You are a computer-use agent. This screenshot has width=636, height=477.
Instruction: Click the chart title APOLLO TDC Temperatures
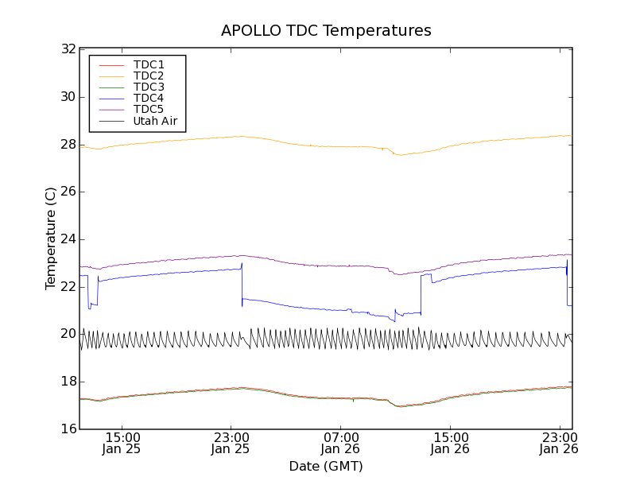pos(326,31)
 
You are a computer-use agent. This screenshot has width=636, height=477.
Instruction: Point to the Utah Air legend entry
pos(155,122)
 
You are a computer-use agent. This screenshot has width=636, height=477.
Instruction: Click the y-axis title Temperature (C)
pos(51,238)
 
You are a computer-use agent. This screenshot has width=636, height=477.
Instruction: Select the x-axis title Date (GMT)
pos(326,466)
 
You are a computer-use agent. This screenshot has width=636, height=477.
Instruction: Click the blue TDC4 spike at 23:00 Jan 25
pos(242,265)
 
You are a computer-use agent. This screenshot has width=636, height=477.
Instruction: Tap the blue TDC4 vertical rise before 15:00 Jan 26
pos(421,294)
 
